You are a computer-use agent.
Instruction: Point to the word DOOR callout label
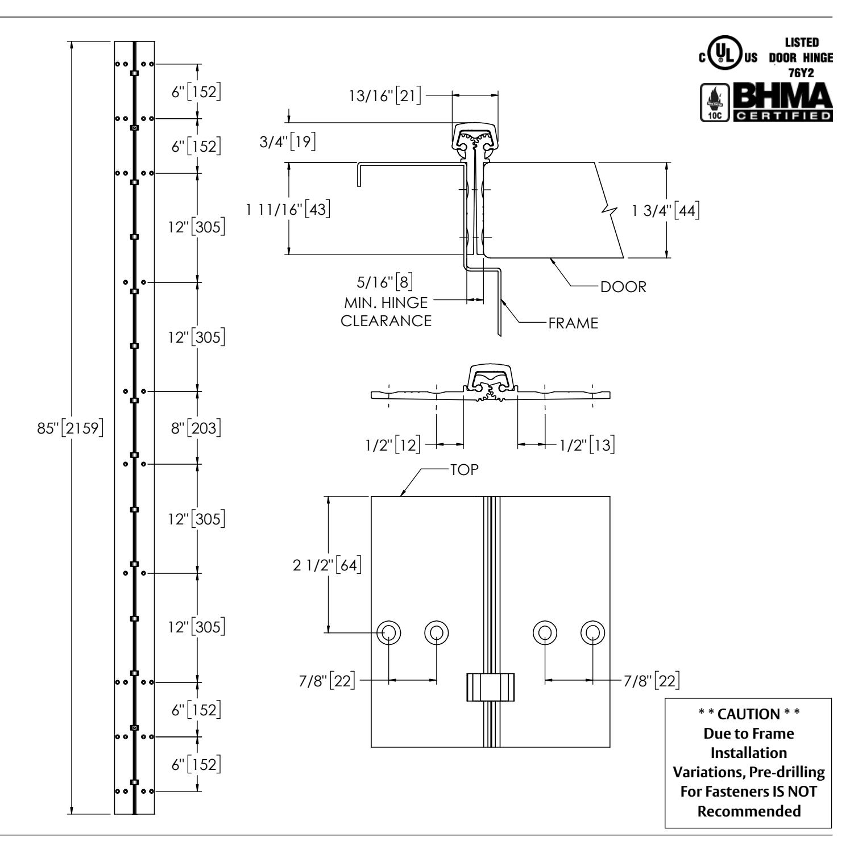point(624,286)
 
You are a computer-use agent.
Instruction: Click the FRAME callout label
point(573,323)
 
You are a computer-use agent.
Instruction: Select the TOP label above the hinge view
point(464,470)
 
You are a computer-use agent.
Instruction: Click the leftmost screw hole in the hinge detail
point(389,632)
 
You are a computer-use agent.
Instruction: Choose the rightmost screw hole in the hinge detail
point(592,632)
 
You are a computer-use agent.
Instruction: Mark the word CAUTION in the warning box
point(748,714)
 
